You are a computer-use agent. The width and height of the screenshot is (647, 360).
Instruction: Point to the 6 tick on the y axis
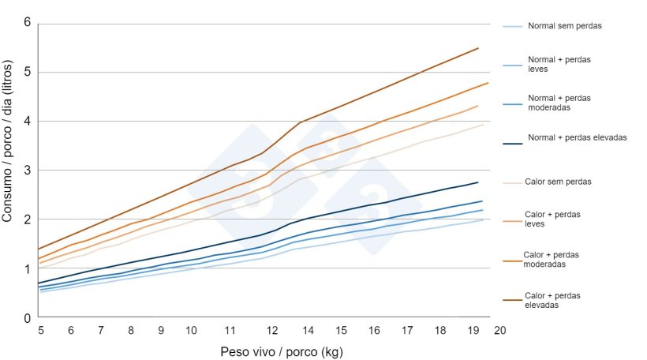28,22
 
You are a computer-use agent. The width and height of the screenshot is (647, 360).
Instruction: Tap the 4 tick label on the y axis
28,122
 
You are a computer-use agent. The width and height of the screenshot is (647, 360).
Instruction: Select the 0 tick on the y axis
28,318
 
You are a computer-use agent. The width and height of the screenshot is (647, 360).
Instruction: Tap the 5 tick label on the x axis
41,330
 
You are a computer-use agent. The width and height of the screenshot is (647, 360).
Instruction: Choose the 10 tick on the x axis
190,330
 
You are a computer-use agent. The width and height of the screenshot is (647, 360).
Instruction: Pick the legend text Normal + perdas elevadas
566,137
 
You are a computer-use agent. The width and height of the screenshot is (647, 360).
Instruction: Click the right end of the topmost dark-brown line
478,48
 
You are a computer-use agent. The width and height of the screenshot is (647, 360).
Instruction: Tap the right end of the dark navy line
478,182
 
